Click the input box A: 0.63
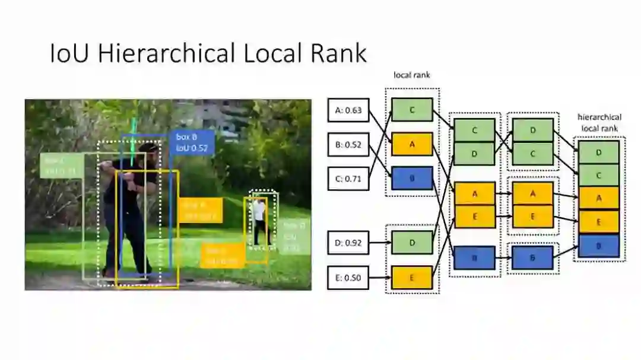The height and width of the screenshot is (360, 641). click(348, 110)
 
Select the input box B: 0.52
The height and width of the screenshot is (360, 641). click(348, 144)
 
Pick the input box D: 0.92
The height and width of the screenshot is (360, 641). click(348, 243)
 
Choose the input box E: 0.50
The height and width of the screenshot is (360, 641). click(348, 277)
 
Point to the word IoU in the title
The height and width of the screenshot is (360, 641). click(70, 53)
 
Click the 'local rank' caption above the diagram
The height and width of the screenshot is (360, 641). click(411, 75)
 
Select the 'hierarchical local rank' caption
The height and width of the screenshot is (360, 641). click(599, 122)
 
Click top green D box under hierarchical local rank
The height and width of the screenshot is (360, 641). click(598, 152)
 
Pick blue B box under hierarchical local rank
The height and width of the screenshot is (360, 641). click(598, 246)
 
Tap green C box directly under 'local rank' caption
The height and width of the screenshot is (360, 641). click(412, 110)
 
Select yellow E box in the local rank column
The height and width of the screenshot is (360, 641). click(412, 277)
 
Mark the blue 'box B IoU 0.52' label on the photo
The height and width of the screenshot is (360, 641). click(192, 142)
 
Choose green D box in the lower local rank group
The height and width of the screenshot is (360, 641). click(412, 243)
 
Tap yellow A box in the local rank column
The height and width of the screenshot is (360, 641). click(412, 144)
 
